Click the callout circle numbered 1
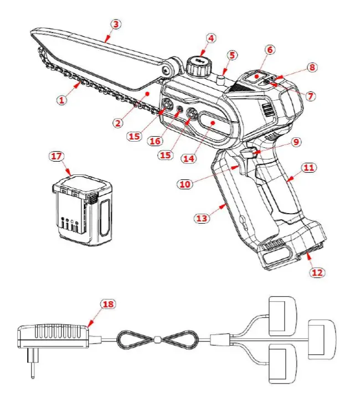point(61,100)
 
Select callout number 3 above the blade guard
point(115,24)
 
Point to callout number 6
point(270,49)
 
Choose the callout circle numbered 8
point(312,67)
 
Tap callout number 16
point(155,141)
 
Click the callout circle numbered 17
point(56,156)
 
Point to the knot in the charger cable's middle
point(158,339)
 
